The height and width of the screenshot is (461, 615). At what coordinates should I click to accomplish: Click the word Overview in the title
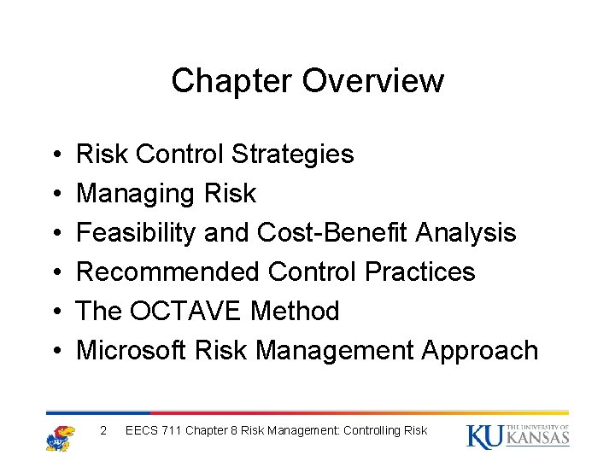[x=373, y=81]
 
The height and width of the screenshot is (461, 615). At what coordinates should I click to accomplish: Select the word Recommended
[x=168, y=272]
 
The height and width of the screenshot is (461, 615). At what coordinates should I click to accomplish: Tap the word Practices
[x=419, y=272]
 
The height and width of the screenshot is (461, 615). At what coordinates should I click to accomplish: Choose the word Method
[x=295, y=312]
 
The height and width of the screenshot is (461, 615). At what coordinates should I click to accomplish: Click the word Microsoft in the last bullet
[x=132, y=351]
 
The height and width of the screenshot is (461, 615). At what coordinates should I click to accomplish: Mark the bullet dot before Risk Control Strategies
[x=55, y=155]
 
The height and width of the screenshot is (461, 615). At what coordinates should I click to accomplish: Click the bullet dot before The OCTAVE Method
[x=55, y=312]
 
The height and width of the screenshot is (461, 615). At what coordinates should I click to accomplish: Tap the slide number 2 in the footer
[x=103, y=430]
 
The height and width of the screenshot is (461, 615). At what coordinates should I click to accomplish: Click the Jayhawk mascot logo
[x=61, y=436]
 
